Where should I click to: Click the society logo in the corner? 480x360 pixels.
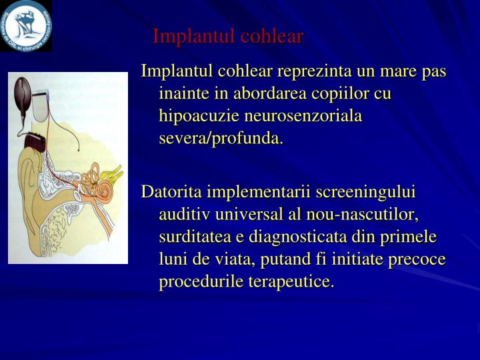tap(26, 25)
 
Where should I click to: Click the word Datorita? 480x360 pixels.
tap(171, 192)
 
